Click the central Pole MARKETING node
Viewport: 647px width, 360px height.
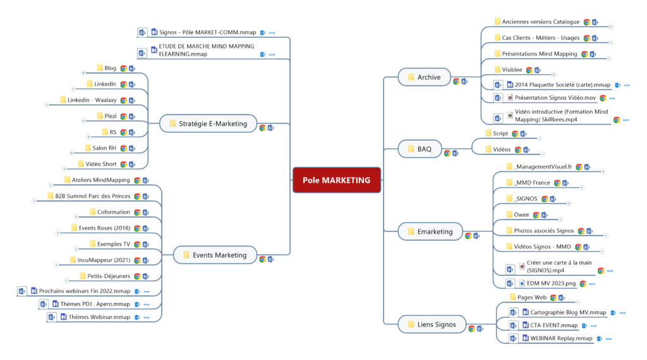coord(336,180)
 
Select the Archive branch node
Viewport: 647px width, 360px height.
coord(424,77)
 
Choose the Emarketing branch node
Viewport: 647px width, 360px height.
coord(430,232)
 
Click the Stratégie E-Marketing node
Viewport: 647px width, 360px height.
coord(208,124)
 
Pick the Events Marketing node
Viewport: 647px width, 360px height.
coord(215,255)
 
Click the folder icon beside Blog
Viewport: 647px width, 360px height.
coord(100,68)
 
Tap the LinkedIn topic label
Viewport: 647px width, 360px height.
coord(105,84)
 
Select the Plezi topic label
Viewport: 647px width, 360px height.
coord(111,116)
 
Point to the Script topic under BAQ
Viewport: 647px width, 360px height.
coord(500,133)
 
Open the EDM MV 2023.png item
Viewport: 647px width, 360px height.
coord(551,284)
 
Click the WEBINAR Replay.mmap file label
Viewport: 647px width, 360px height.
coord(557,339)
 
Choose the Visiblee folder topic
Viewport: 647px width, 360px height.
coord(512,69)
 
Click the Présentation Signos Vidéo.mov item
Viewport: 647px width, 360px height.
coord(555,98)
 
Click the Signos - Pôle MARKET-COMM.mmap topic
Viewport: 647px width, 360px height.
coord(208,32)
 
